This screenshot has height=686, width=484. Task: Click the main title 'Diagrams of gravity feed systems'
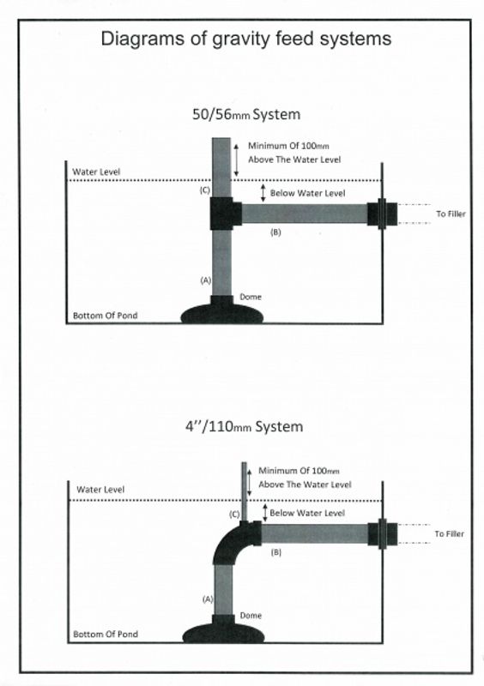(x=245, y=39)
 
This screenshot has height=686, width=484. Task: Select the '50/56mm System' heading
(x=246, y=115)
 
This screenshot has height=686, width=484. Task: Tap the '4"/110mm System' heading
(x=244, y=426)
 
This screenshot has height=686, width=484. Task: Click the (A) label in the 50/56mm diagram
(x=205, y=280)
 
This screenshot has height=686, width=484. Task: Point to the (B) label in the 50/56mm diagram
(x=275, y=232)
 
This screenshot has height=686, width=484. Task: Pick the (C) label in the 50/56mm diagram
(x=204, y=190)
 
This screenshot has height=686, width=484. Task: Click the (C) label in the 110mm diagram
(x=235, y=514)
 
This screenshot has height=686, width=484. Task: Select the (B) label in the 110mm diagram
(x=276, y=552)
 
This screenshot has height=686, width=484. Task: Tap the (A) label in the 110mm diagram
(x=208, y=599)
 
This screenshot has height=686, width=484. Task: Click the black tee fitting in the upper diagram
(x=225, y=214)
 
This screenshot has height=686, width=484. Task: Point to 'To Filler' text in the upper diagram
(x=451, y=214)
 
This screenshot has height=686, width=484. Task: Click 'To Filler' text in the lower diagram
(x=450, y=533)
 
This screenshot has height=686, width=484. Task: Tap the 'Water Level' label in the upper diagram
(x=96, y=172)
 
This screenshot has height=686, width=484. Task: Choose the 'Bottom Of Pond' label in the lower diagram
(x=106, y=634)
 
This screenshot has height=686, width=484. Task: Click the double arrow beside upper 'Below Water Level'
(x=263, y=193)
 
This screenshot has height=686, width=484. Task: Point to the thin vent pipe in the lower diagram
(x=245, y=491)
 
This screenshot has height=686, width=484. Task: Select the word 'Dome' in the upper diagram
(x=251, y=297)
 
